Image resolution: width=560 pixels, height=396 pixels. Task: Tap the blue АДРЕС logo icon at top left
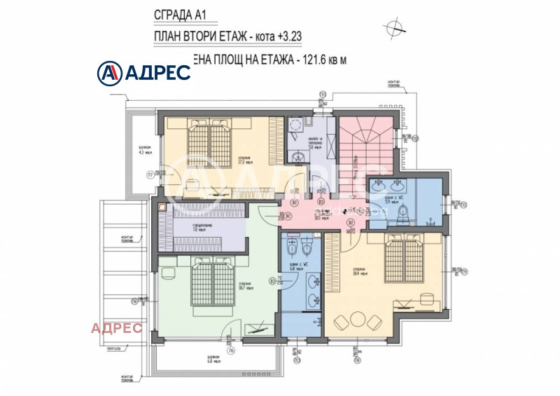108,71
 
